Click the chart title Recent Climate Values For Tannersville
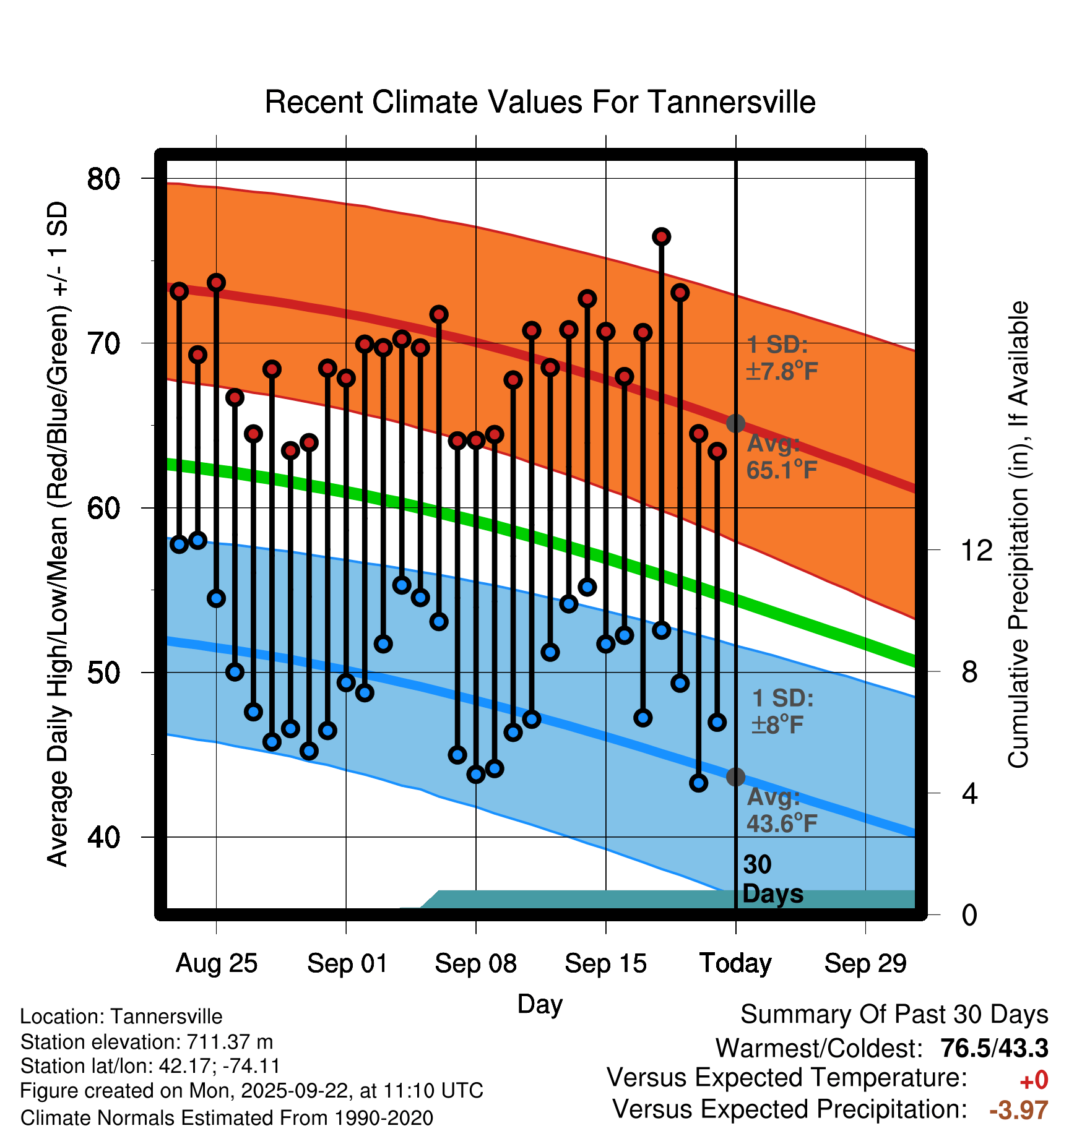540,102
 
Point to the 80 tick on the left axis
103,179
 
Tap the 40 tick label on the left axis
103,837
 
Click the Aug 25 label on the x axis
216,963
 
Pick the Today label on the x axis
735,963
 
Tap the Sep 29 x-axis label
865,963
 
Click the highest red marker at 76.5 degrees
662,237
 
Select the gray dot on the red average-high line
735,424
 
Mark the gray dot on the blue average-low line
735,777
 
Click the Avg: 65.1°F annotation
781,457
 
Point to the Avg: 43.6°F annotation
781,811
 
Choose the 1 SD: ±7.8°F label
781,358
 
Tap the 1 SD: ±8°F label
781,712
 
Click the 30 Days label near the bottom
772,879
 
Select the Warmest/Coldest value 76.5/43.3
994,1048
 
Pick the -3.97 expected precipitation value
1019,1110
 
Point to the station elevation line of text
147,1042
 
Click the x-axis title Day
540,1004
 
